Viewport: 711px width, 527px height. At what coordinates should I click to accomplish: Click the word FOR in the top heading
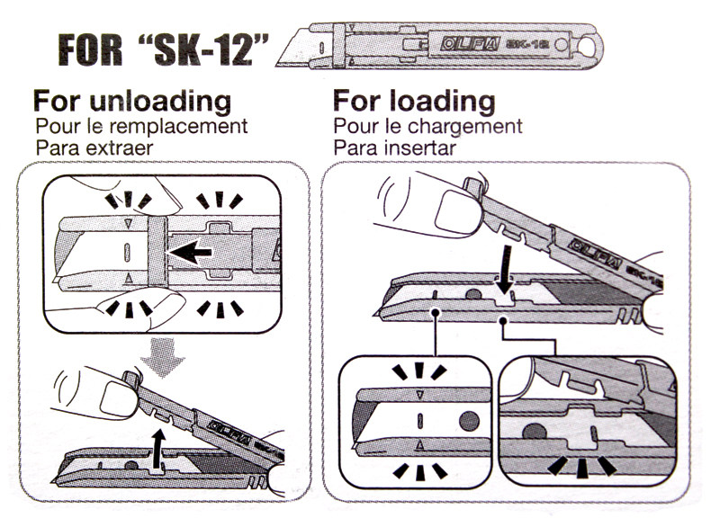click(91, 49)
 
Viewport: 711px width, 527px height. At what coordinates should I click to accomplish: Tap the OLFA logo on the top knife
click(470, 44)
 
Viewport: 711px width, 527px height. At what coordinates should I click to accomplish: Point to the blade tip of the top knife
click(277, 66)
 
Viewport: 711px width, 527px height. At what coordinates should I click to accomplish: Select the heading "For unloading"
click(132, 101)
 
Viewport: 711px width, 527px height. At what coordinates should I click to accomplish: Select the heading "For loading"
click(414, 101)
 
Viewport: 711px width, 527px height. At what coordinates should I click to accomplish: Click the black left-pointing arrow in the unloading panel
click(190, 252)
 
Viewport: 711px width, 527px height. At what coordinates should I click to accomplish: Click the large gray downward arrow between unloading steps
click(162, 358)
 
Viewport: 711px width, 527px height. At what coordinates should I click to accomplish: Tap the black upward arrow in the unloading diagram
click(157, 449)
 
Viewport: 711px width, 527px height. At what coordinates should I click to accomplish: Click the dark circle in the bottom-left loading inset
click(469, 422)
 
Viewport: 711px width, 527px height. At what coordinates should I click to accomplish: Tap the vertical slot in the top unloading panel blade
click(127, 253)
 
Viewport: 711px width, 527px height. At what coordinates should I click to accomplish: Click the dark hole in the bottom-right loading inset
click(534, 431)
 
